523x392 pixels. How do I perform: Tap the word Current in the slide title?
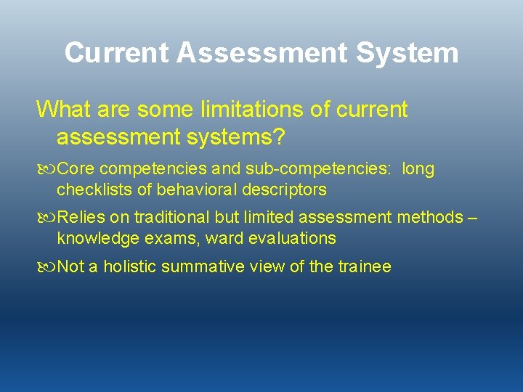pos(116,53)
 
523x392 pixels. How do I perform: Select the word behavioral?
pos(187,190)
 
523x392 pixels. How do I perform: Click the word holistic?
pos(131,267)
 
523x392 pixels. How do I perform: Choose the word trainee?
pos(365,267)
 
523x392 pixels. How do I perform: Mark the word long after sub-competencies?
pos(418,170)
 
